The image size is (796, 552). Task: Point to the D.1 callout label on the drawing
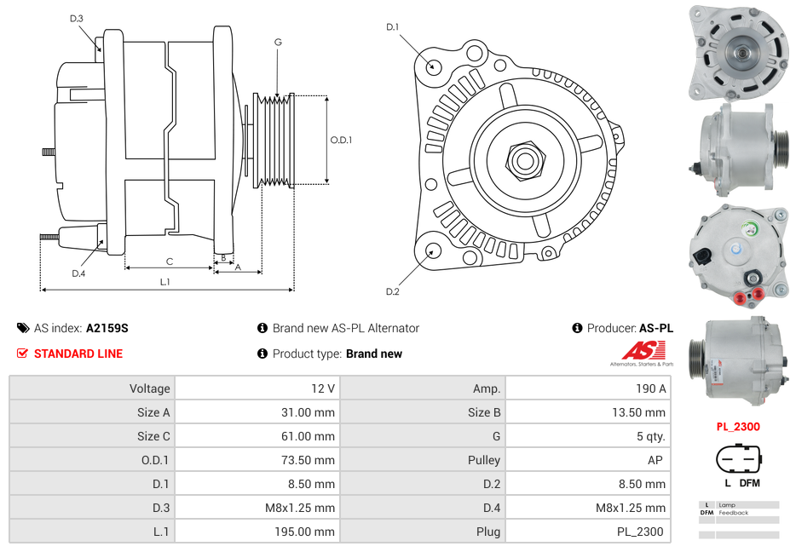click(392, 27)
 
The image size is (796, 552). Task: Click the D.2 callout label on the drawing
click(392, 291)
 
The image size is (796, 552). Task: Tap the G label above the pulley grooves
click(278, 42)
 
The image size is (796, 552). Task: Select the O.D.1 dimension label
click(341, 140)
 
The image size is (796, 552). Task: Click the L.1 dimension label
click(165, 281)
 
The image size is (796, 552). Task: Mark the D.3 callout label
click(77, 18)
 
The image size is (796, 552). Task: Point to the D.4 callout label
click(78, 273)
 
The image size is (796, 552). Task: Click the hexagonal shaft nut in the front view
click(523, 159)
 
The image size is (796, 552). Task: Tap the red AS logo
click(643, 351)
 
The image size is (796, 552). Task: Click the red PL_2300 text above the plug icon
click(737, 427)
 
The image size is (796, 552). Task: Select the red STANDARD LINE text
click(78, 354)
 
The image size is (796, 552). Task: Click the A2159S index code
click(107, 328)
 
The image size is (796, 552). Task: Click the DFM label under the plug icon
click(749, 483)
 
